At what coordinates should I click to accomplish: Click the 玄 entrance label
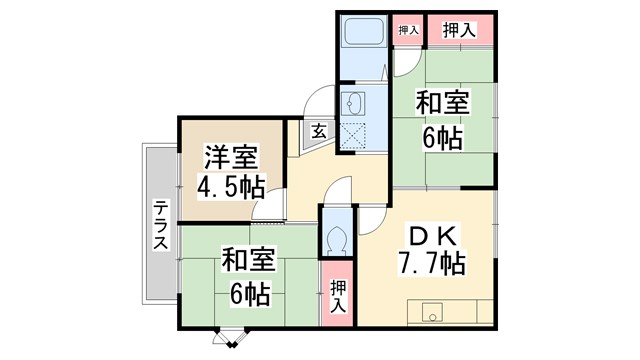317,130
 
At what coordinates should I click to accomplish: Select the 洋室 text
232,158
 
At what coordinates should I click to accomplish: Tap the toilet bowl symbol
337,236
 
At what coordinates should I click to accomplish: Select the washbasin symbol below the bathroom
353,103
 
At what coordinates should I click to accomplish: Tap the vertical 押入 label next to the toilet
337,294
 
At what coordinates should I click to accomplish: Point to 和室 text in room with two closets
442,103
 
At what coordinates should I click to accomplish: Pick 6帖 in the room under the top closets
441,137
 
